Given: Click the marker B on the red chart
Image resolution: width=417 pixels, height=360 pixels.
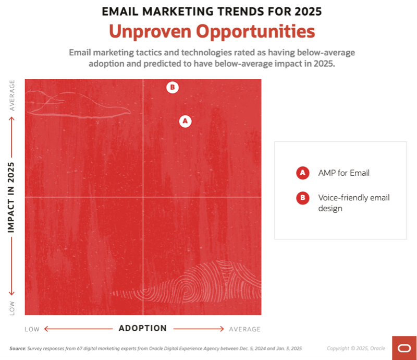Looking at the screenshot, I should (x=173, y=87).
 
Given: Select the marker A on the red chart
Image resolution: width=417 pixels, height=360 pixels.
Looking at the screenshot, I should (x=185, y=121).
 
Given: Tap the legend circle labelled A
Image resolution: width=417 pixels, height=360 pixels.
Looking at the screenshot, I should (x=302, y=173).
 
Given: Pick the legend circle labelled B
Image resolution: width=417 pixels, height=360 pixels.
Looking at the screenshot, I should (x=302, y=198).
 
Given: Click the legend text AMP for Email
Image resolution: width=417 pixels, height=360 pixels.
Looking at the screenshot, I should (x=344, y=173).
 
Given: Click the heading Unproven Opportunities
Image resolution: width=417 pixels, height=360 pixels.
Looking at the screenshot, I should (x=212, y=31).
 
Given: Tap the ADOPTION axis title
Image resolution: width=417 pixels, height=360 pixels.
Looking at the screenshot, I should (x=142, y=328).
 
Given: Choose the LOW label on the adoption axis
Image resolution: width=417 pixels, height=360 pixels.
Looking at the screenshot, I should (x=32, y=329).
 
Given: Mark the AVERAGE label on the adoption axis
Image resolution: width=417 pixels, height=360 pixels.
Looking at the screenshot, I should (x=244, y=329).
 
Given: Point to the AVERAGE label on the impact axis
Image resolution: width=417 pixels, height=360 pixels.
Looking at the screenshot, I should (x=12, y=95).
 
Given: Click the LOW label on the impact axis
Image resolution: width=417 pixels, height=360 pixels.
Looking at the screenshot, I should (x=12, y=308).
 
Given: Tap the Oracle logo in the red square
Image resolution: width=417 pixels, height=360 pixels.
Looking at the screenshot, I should (x=404, y=348).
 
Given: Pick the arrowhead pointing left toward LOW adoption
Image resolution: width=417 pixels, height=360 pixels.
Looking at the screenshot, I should (x=45, y=329).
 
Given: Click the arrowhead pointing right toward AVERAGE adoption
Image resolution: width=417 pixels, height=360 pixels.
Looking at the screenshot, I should (x=222, y=329).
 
